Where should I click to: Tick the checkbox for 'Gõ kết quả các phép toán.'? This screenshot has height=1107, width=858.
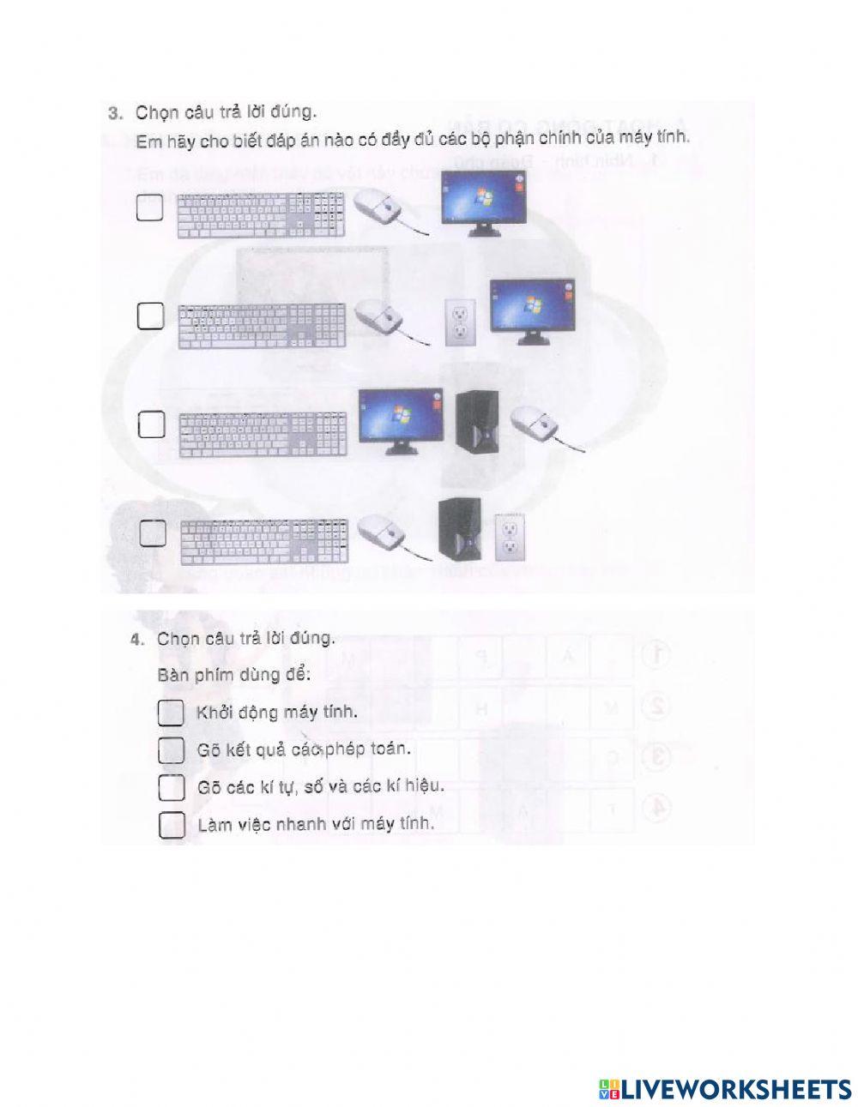(172, 749)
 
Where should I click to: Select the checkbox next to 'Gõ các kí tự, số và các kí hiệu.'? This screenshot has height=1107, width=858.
(172, 787)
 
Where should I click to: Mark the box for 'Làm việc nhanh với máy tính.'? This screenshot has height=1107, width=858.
(172, 825)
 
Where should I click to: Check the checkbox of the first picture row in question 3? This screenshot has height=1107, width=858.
(150, 208)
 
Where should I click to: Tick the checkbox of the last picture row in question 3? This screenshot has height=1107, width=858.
(153, 532)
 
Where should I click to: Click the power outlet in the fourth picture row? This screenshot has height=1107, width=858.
(511, 538)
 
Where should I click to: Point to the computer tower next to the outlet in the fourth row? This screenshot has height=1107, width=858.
(455, 530)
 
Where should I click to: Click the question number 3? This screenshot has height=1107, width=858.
(116, 111)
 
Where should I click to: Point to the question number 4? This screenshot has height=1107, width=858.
(136, 640)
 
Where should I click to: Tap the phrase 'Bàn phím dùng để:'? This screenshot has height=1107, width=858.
(233, 674)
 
